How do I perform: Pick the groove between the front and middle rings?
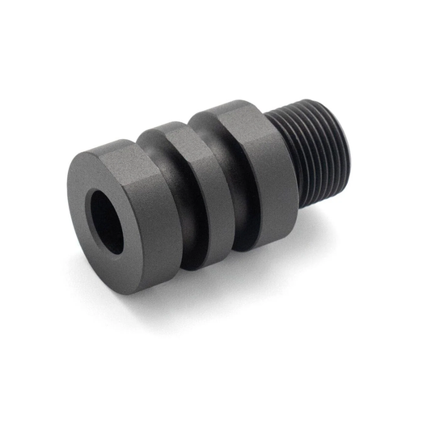[188, 202]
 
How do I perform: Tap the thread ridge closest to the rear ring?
[296, 158]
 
